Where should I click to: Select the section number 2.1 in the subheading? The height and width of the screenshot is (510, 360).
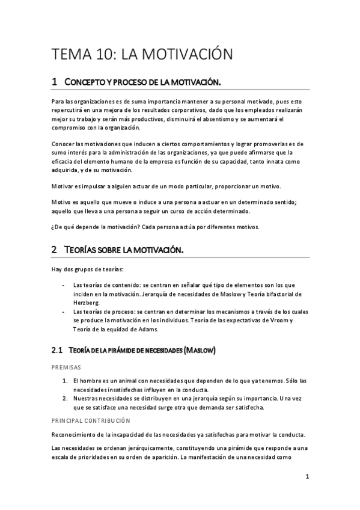tap(57, 349)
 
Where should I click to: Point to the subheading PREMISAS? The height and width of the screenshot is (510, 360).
tap(67, 366)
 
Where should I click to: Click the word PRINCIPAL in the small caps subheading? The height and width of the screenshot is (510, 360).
tap(69, 421)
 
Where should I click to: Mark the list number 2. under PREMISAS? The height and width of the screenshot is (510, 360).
tap(65, 398)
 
